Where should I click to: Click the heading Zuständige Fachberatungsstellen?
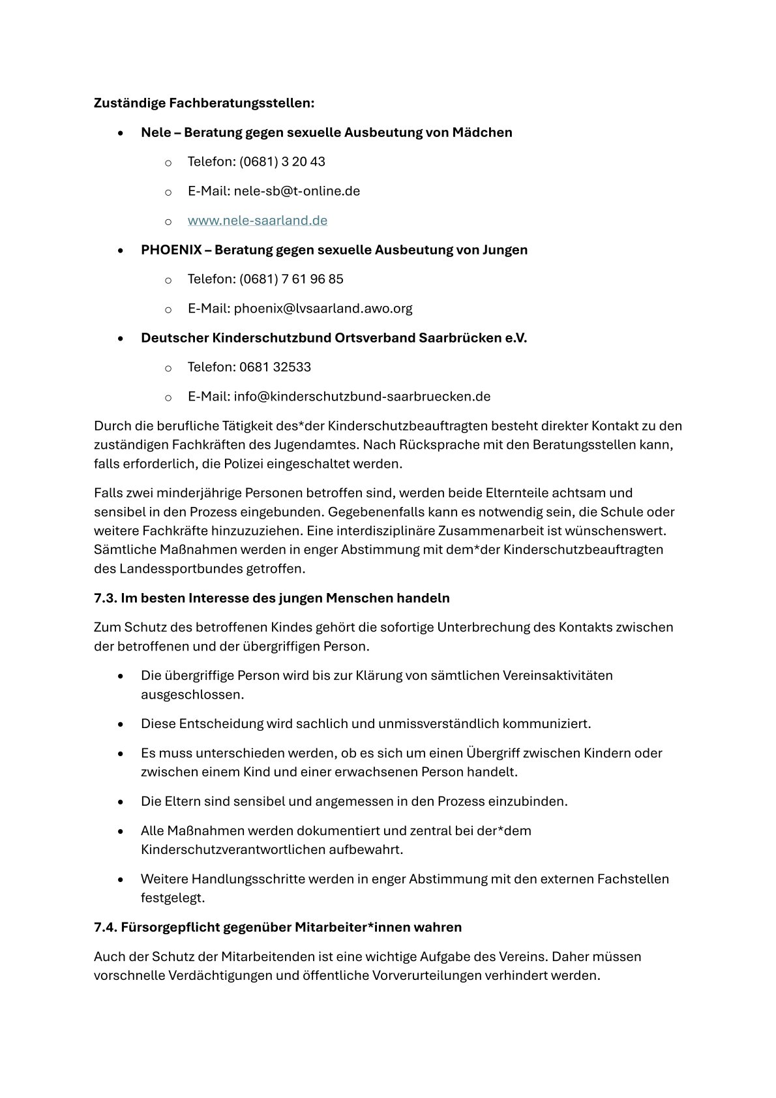[203, 103]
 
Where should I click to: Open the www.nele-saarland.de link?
[257, 221]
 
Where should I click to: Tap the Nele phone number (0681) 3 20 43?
[282, 162]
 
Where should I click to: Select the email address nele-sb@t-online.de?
[297, 191]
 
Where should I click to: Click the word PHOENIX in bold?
[171, 250]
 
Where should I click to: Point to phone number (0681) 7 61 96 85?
[291, 279]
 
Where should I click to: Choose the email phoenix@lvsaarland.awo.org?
[323, 309]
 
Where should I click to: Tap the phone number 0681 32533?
[275, 367]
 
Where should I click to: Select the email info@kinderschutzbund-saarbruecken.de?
[362, 397]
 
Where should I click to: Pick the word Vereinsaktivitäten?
[558, 675]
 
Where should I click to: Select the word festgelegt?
[173, 898]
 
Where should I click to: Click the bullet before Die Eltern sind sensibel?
[121, 802]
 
